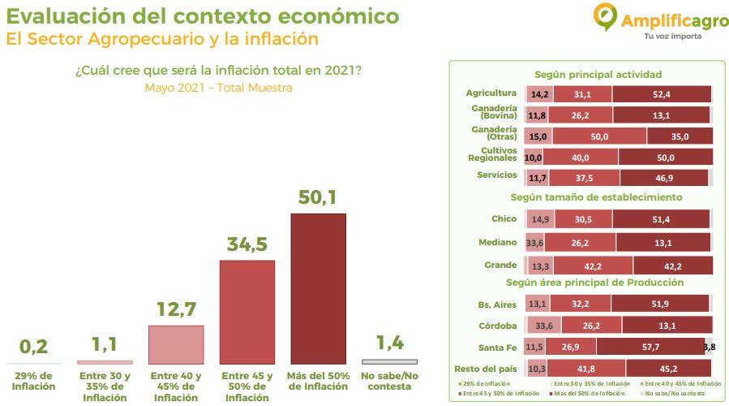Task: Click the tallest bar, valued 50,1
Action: point(318,288)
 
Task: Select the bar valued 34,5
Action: point(247,312)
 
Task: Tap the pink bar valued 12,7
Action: point(176,344)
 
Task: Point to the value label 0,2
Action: point(34,347)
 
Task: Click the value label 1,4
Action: point(389,343)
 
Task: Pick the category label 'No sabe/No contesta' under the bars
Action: point(389,381)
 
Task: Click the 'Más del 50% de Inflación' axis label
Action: point(318,381)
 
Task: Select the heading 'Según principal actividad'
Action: point(586,75)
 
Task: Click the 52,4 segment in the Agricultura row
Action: point(662,93)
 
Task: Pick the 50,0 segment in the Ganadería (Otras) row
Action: point(599,136)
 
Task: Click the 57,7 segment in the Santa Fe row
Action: point(650,347)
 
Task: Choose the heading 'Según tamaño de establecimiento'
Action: point(585,197)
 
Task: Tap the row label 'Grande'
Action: point(500,265)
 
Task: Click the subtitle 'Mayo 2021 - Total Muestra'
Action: point(218,88)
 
